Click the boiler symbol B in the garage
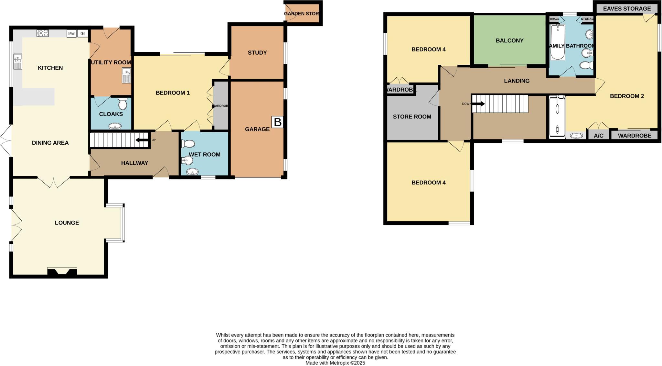coord(277,122)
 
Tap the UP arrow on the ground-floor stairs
coord(141,140)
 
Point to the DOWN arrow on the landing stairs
coord(479,104)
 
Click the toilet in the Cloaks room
coord(123,104)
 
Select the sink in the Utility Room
coord(126,75)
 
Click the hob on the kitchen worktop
coord(43,33)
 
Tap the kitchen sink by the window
coord(17,62)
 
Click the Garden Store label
coord(301,14)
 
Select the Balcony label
coord(509,40)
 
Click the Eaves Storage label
coord(627,8)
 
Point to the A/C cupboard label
coord(598,136)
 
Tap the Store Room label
coord(412,116)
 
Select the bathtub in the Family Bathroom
coord(557,42)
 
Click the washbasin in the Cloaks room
coord(115,126)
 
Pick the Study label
coord(257,52)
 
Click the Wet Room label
coord(205,154)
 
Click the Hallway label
coord(134,163)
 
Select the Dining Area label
coord(50,143)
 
